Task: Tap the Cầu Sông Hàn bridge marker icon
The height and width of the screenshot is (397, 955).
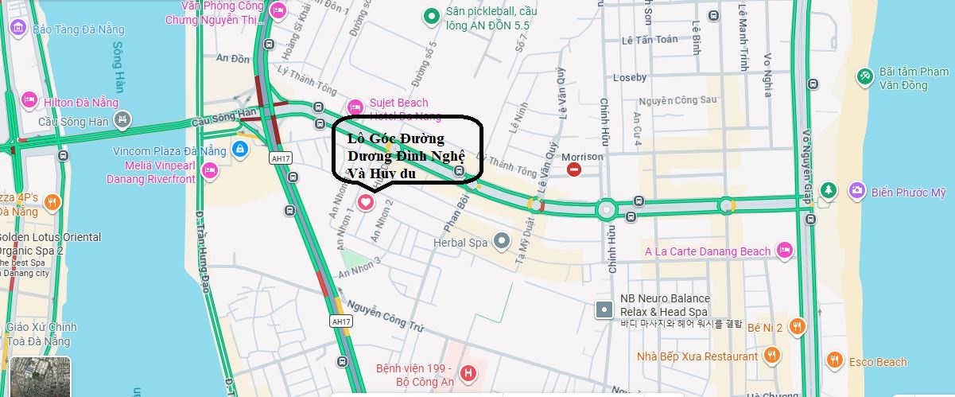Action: (122, 120)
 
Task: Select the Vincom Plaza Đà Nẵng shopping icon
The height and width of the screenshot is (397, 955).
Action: (239, 149)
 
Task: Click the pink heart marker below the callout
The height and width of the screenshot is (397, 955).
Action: (366, 202)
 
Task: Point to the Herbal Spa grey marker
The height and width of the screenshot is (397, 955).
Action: (501, 239)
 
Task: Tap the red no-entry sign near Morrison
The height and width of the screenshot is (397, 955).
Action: (574, 169)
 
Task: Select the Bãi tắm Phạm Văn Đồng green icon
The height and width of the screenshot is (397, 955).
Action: (864, 76)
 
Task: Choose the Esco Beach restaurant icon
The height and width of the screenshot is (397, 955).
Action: (833, 361)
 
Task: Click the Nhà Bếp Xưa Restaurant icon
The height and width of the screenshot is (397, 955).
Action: (771, 355)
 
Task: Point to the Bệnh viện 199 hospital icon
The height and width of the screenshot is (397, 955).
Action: (468, 372)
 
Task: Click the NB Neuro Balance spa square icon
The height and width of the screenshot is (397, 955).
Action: (605, 309)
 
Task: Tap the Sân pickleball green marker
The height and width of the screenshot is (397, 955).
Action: (431, 14)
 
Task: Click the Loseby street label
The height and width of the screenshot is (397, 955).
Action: (630, 77)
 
